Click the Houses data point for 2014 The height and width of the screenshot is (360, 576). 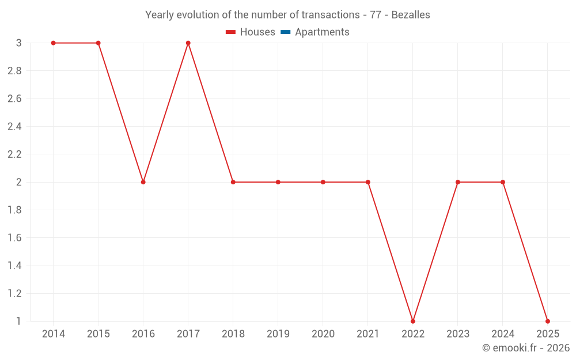click(53, 43)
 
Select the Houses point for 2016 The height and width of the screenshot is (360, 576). click(143, 182)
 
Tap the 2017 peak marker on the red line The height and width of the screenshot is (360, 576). click(188, 43)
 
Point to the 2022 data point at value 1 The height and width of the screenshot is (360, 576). click(413, 321)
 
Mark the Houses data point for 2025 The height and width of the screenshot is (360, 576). click(548, 321)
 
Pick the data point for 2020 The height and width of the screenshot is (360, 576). click(323, 182)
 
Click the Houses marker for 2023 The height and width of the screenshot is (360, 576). click(458, 182)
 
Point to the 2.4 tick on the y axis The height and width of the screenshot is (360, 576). click(14, 127)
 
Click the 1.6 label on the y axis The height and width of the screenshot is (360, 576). click(14, 238)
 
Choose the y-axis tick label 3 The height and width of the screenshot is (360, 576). click(19, 43)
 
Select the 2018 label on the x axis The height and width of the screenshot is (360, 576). click(233, 334)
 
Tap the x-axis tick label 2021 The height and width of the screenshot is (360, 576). click(367, 334)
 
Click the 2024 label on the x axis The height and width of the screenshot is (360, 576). click(503, 334)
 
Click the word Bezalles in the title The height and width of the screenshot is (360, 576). click(410, 15)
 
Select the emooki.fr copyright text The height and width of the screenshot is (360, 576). click(526, 348)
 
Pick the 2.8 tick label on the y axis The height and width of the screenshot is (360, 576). click(14, 71)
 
